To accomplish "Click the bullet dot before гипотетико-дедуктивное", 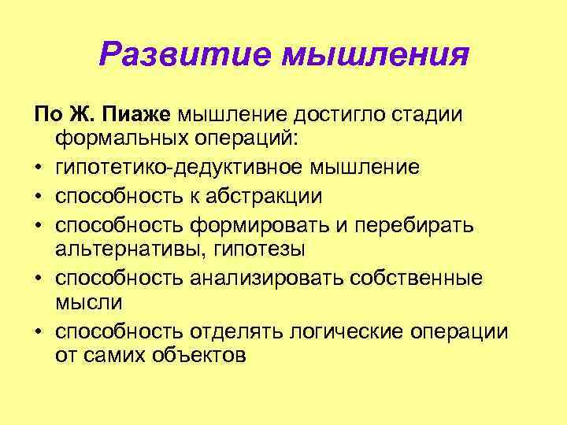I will [x=39, y=168].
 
